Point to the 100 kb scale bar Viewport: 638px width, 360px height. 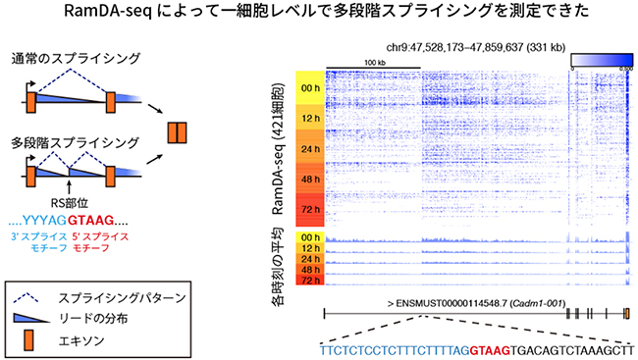coord(373,67)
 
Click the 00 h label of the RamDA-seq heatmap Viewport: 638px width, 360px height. coord(309,86)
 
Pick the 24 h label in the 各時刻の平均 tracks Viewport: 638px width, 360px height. coord(309,259)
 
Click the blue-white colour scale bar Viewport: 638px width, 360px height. coord(600,61)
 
